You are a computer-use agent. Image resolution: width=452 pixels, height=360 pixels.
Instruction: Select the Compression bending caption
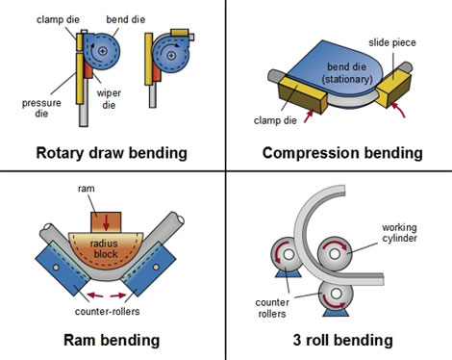click(342, 152)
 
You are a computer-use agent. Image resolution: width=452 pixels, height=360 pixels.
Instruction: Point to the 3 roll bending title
click(343, 340)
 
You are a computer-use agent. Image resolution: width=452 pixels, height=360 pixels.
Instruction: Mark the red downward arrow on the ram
click(113, 220)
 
